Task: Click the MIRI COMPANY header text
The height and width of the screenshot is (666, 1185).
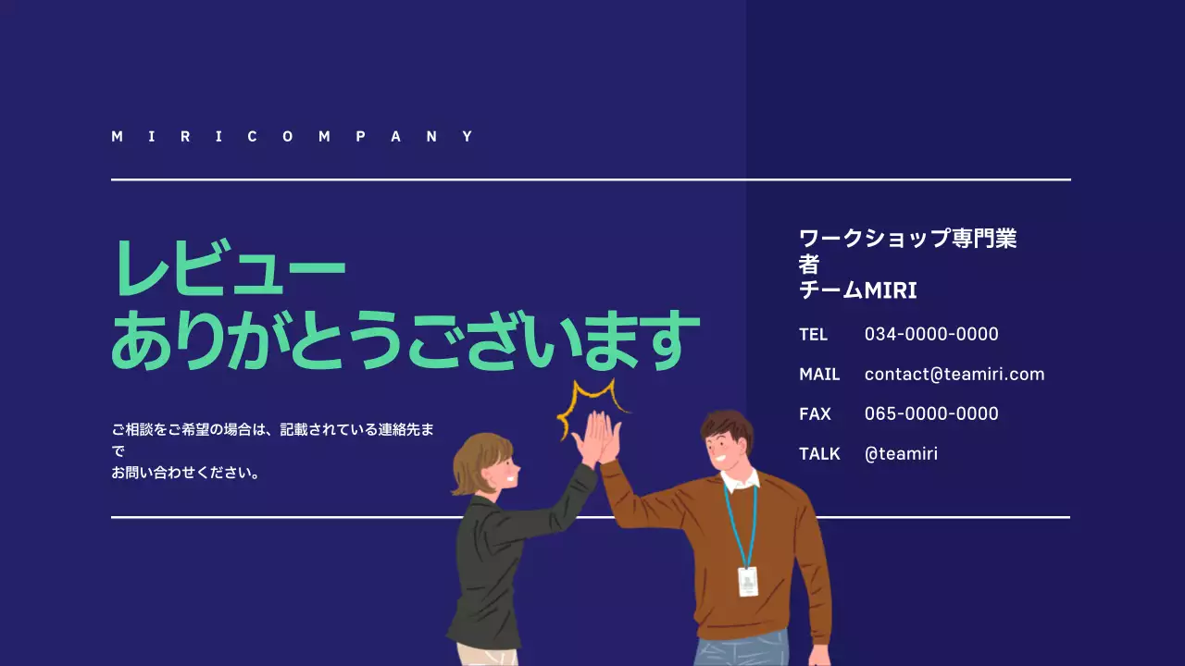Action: point(293,137)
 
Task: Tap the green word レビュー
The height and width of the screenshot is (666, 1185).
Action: point(229,268)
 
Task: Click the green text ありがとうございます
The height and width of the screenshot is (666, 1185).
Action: point(405,340)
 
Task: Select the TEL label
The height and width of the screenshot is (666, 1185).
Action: point(813,334)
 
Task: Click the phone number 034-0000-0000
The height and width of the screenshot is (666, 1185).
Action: point(931,334)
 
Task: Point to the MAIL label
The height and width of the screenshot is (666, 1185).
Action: point(819,375)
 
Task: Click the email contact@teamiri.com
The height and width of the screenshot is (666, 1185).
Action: point(954,375)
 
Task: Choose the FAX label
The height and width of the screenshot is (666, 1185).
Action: point(815,414)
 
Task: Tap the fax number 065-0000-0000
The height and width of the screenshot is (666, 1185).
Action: point(931,414)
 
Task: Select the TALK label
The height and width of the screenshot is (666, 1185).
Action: point(819,454)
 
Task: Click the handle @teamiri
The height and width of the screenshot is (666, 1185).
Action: point(901,454)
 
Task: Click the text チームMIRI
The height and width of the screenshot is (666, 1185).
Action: point(857,290)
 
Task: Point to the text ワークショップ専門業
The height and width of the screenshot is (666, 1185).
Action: point(907,239)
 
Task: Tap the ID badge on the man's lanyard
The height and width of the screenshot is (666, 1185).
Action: point(747,581)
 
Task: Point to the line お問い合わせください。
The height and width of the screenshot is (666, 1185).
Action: point(185,473)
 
